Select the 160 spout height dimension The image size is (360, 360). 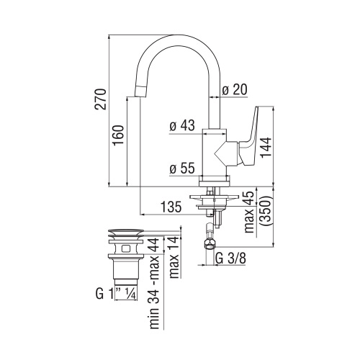click(x=120, y=135)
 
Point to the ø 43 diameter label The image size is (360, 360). click(x=183, y=125)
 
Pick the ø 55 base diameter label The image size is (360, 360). click(x=183, y=169)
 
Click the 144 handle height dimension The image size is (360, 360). click(x=265, y=148)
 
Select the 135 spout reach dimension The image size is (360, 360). click(x=170, y=208)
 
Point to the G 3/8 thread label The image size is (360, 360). click(x=230, y=258)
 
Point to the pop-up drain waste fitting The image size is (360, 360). click(x=127, y=256)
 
